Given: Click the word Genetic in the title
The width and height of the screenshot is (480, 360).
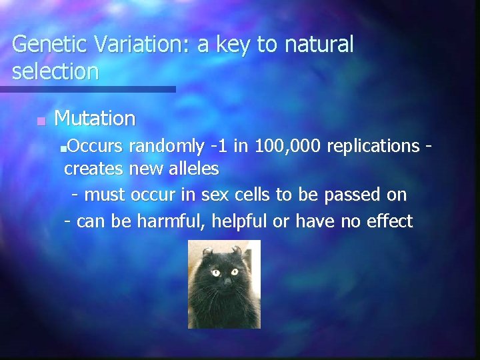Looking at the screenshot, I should click(50, 45).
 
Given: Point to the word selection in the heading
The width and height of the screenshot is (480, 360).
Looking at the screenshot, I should click(55, 71).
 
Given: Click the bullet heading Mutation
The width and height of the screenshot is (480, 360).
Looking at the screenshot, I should click(95, 119).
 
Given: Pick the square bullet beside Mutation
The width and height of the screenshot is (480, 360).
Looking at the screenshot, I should click(41, 121).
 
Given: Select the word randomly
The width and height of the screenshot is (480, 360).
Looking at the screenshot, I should click(167, 145).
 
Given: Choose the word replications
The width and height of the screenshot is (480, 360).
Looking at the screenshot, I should click(373, 145).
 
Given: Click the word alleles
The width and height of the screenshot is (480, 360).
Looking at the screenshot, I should click(193, 169).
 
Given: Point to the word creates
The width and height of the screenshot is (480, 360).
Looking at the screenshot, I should click(93, 169).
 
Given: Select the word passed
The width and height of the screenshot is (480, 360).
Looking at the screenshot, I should click(352, 195).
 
